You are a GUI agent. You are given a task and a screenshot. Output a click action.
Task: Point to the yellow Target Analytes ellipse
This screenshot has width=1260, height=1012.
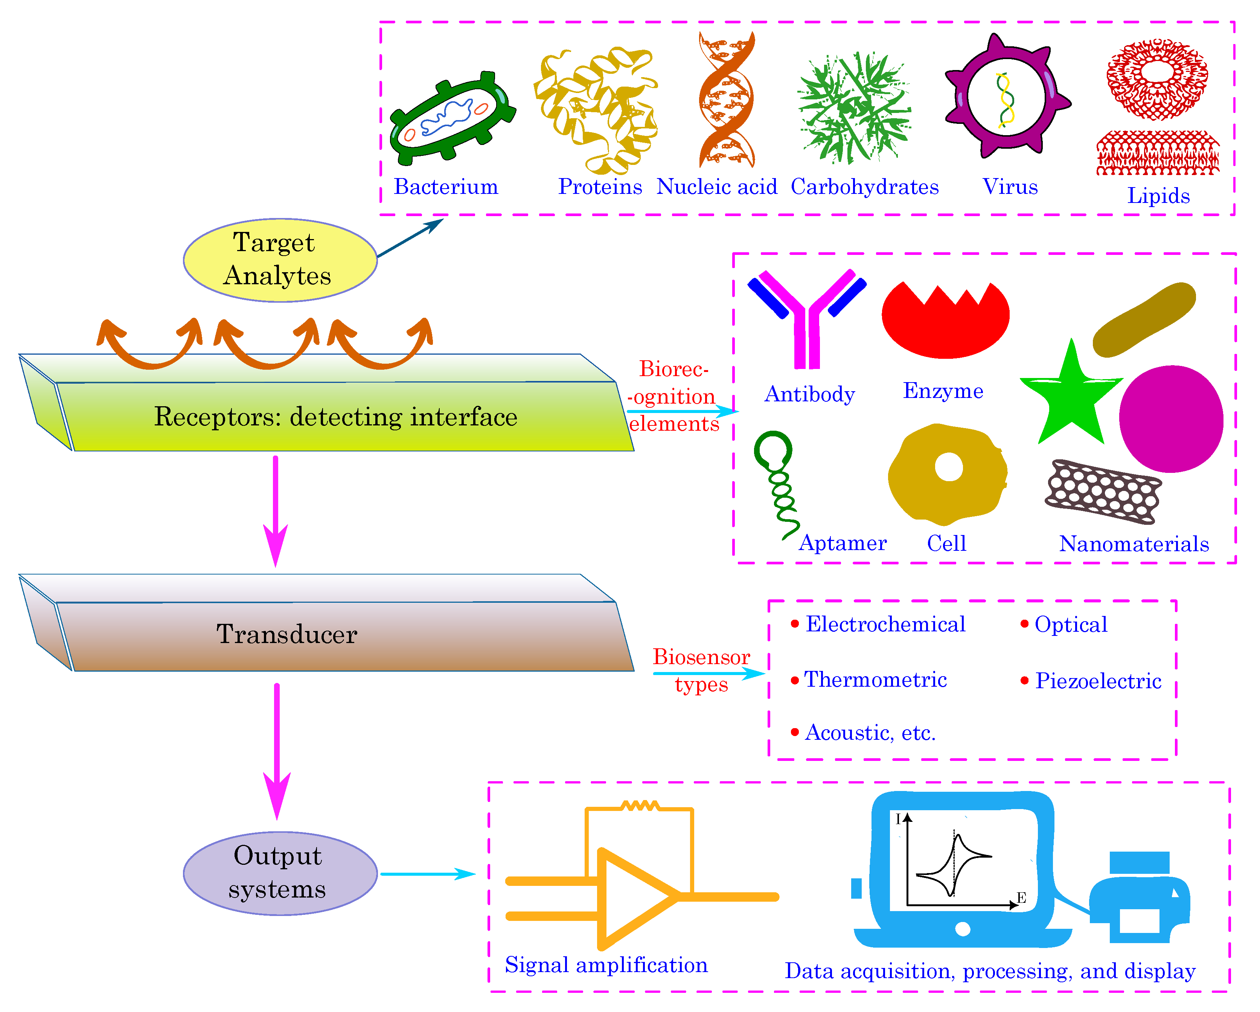tap(280, 260)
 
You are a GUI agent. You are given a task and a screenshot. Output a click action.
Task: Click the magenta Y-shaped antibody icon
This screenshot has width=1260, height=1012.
tap(806, 328)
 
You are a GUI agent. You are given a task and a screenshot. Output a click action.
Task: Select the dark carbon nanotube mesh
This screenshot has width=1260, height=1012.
tap(1102, 491)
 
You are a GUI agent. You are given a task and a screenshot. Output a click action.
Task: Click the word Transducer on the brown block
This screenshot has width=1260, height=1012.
tap(286, 634)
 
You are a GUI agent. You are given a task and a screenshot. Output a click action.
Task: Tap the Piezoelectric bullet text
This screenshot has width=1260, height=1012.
tap(1097, 681)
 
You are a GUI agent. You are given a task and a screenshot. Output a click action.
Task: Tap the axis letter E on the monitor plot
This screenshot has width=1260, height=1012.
tap(1021, 898)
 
